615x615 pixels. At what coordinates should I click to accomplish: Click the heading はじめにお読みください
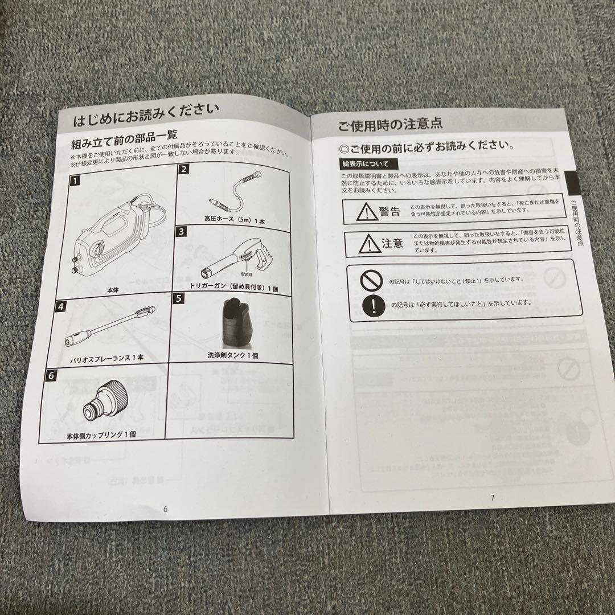(x=145, y=117)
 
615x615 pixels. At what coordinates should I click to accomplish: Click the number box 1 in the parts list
(x=75, y=183)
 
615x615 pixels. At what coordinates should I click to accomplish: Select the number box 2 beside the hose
(x=184, y=169)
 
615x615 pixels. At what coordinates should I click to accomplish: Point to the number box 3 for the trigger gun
(x=181, y=231)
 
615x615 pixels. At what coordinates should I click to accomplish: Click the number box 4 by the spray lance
(x=61, y=306)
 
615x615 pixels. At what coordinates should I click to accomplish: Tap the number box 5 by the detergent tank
(x=178, y=298)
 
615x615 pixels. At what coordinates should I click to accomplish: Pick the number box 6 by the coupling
(x=52, y=375)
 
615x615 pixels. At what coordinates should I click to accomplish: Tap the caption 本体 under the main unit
(x=113, y=290)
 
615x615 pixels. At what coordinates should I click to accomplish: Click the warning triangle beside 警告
(x=364, y=212)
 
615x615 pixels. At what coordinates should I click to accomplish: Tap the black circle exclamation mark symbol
(x=373, y=305)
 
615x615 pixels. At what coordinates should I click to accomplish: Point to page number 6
(x=165, y=509)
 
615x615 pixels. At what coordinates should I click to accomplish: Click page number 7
(x=492, y=497)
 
